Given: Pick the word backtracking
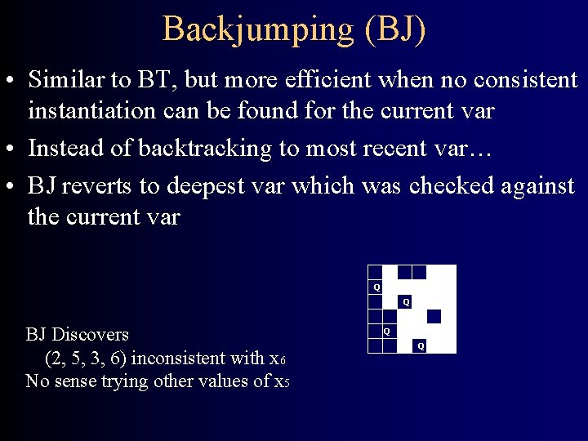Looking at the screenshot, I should point(196,149).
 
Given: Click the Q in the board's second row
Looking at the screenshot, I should point(376,287).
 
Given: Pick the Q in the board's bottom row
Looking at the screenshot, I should point(421,346).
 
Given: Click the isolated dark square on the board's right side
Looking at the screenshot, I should point(434,316).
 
